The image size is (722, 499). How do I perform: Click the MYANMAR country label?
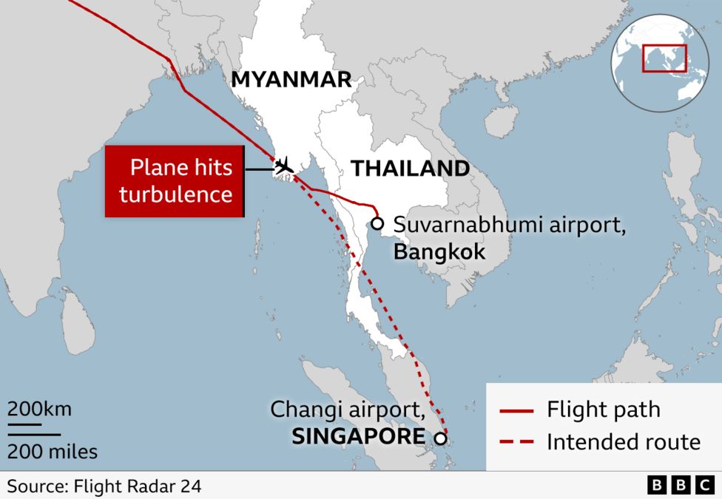tap(291, 80)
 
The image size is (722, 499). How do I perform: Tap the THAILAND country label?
tap(410, 169)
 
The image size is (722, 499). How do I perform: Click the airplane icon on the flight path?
tap(283, 166)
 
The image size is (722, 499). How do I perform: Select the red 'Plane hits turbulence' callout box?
tap(175, 182)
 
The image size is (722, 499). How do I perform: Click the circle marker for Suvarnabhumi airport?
tap(377, 223)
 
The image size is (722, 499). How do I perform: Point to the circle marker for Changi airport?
tap(440, 438)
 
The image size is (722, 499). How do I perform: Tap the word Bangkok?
tap(439, 252)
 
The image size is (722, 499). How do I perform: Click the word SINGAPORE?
tap(358, 436)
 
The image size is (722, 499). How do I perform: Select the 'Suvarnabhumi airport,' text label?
tap(510, 224)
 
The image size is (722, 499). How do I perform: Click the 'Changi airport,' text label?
tap(347, 409)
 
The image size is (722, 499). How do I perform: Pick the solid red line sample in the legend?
tap(516, 410)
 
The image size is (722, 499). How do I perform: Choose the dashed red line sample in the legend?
tap(516, 443)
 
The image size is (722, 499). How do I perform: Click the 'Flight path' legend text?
tap(603, 410)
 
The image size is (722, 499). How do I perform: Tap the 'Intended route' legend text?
tap(623, 442)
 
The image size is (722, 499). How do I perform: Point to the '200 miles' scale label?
tap(53, 449)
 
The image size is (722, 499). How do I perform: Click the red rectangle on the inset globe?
tap(664, 58)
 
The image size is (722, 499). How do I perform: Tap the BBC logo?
tap(679, 486)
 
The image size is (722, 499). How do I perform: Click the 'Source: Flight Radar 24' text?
tap(104, 486)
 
